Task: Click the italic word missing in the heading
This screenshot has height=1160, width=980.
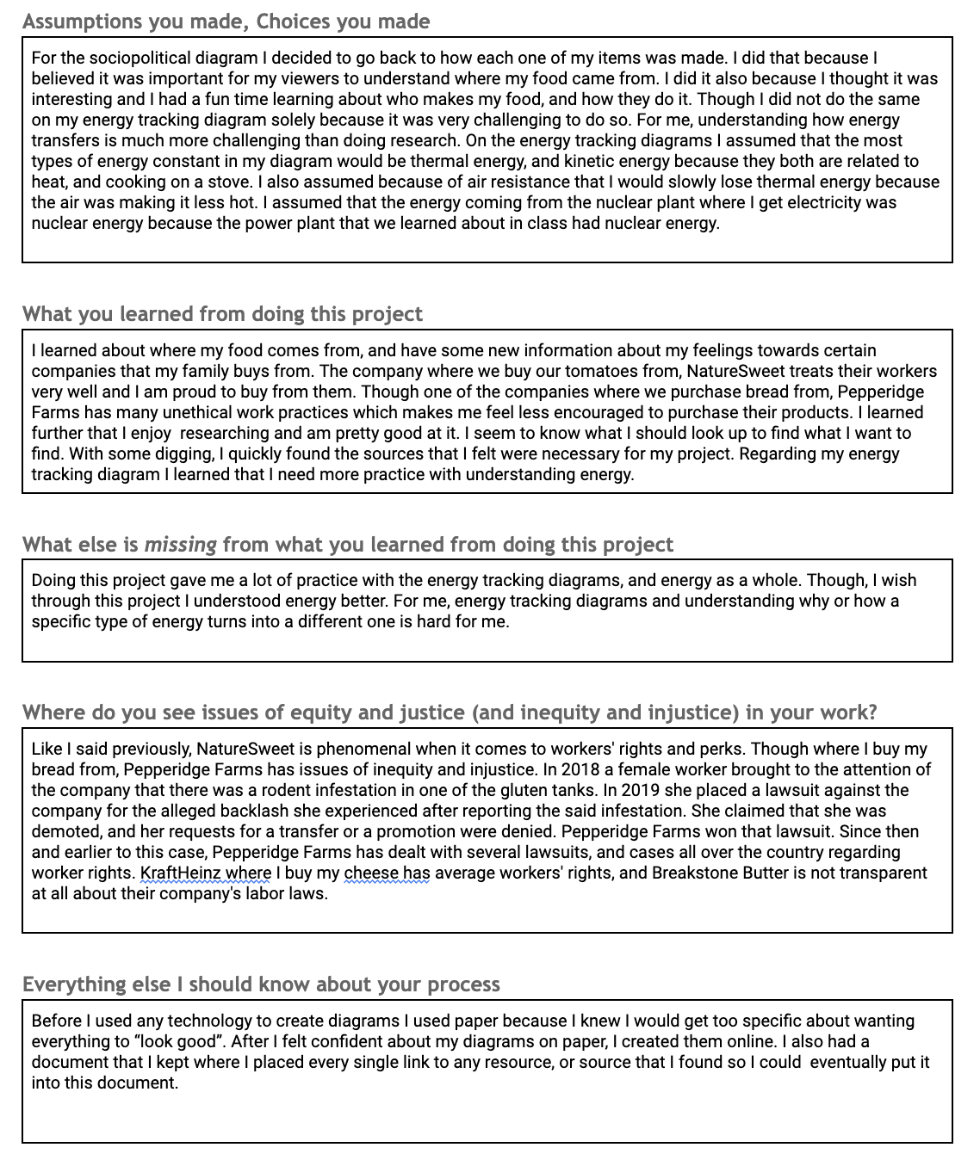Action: point(180,545)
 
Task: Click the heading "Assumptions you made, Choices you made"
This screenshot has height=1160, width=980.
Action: point(226,22)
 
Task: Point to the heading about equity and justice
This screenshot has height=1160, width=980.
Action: point(450,713)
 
